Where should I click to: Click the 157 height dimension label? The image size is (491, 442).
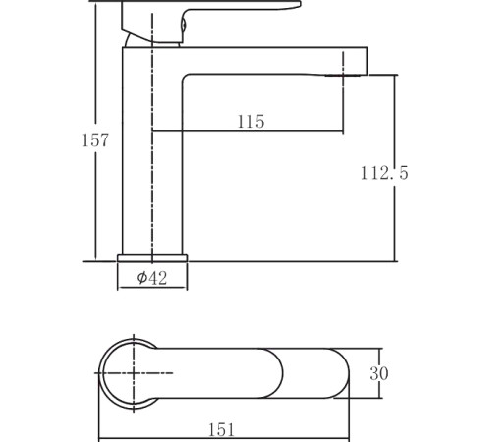pyautogui.click(x=94, y=140)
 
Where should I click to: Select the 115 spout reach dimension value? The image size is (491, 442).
pyautogui.click(x=250, y=122)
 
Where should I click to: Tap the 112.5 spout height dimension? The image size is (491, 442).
pyautogui.click(x=385, y=173)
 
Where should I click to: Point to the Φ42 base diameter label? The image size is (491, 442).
pyautogui.click(x=152, y=278)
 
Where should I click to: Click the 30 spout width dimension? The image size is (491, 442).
pyautogui.click(x=379, y=373)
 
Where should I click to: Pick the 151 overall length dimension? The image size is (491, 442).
pyautogui.click(x=222, y=430)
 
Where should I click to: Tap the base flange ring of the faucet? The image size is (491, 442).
pyautogui.click(x=152, y=258)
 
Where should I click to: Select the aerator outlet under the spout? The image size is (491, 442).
pyautogui.click(x=343, y=76)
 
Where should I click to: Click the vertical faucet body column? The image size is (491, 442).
pyautogui.click(x=152, y=151)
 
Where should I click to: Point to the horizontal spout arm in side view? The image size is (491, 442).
pyautogui.click(x=275, y=61)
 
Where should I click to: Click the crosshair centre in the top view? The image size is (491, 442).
pyautogui.click(x=134, y=373)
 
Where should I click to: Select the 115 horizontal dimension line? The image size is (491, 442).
pyautogui.click(x=247, y=131)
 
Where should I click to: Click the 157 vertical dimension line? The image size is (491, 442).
pyautogui.click(x=96, y=131)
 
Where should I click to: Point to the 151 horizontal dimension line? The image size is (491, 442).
pyautogui.click(x=224, y=438)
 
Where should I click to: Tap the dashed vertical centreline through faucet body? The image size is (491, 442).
pyautogui.click(x=152, y=138)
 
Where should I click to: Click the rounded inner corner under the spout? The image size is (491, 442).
pyautogui.click(x=185, y=78)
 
